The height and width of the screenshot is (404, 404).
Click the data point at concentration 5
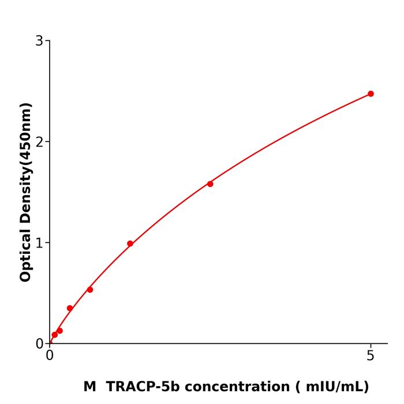(x=371, y=93)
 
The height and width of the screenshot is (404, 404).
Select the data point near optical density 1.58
(x=210, y=184)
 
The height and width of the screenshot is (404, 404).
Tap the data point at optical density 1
(x=130, y=244)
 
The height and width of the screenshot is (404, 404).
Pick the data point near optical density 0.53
(x=90, y=290)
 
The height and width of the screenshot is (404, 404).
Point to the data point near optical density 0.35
(x=70, y=308)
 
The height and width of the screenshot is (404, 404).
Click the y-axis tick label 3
(x=39, y=41)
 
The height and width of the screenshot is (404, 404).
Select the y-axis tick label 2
(x=39, y=142)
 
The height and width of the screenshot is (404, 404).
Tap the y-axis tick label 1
(x=39, y=243)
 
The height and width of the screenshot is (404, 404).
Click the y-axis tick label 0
(x=39, y=344)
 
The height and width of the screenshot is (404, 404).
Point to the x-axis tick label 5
(x=371, y=356)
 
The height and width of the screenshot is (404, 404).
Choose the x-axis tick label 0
(x=50, y=356)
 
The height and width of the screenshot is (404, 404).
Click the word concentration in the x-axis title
(x=234, y=387)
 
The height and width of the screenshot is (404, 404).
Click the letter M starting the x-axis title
(x=90, y=387)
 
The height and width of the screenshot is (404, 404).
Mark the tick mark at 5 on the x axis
(x=371, y=346)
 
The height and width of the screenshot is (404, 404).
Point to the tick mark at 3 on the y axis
(x=47, y=40)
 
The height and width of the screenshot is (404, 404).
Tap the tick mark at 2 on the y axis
(x=47, y=141)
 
